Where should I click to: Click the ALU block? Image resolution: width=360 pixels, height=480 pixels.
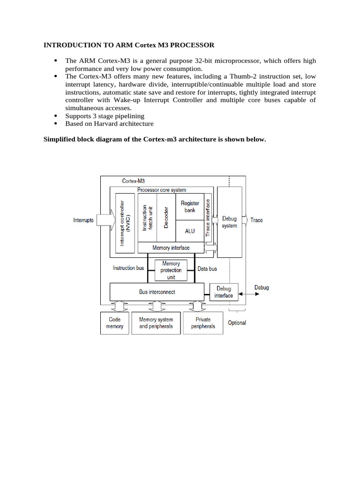(x=189, y=231)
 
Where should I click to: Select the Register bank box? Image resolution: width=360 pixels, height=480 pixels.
(x=189, y=207)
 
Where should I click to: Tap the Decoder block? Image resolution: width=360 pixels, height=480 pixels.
(x=166, y=217)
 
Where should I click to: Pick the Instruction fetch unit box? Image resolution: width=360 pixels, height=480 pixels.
(x=147, y=217)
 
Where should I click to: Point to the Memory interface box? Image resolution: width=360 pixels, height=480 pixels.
(x=171, y=247)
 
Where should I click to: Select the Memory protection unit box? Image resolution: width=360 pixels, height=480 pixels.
(x=171, y=270)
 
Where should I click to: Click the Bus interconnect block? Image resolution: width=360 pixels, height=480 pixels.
(x=157, y=292)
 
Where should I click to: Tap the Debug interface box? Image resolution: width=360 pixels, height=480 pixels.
(x=224, y=292)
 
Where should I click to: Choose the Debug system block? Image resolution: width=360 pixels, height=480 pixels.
(x=229, y=222)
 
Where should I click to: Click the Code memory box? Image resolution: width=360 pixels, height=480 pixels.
(x=114, y=323)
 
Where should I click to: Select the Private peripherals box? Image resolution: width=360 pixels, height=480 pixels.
(x=203, y=323)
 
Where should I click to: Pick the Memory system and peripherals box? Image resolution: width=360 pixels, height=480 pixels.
(x=156, y=323)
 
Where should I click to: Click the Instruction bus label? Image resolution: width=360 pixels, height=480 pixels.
(x=128, y=268)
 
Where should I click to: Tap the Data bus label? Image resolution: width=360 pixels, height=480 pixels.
(x=207, y=269)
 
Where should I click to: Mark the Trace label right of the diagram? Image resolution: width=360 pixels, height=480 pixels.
(x=256, y=220)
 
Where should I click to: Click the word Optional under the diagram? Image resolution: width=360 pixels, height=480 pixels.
(x=237, y=323)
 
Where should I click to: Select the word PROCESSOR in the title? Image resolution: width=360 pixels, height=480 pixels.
(x=191, y=45)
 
